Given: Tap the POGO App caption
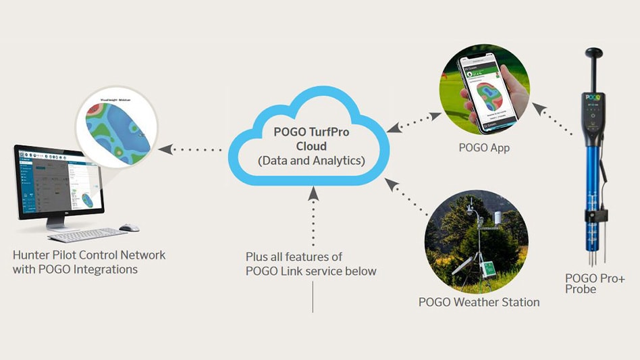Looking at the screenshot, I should pos(484,147).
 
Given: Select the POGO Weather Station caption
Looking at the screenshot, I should pos(479,302).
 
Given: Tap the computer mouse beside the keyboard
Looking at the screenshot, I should pos(128,228).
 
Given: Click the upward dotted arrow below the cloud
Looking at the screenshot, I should pos(313,216).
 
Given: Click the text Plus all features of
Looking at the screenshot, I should pos(294,257).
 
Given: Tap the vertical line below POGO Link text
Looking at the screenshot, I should pos(313,297).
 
